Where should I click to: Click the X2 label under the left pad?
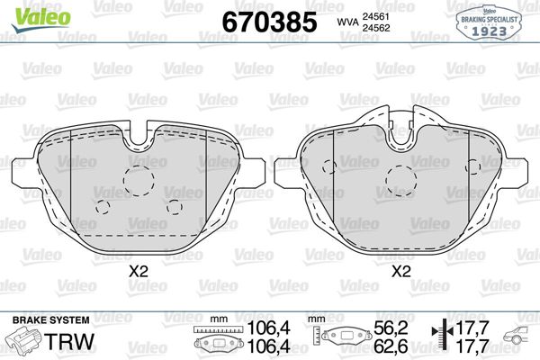coord(138,269)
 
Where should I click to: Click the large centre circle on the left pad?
coord(139,182)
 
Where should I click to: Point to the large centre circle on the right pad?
coord(399,182)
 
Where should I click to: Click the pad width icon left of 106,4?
coord(212,341)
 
